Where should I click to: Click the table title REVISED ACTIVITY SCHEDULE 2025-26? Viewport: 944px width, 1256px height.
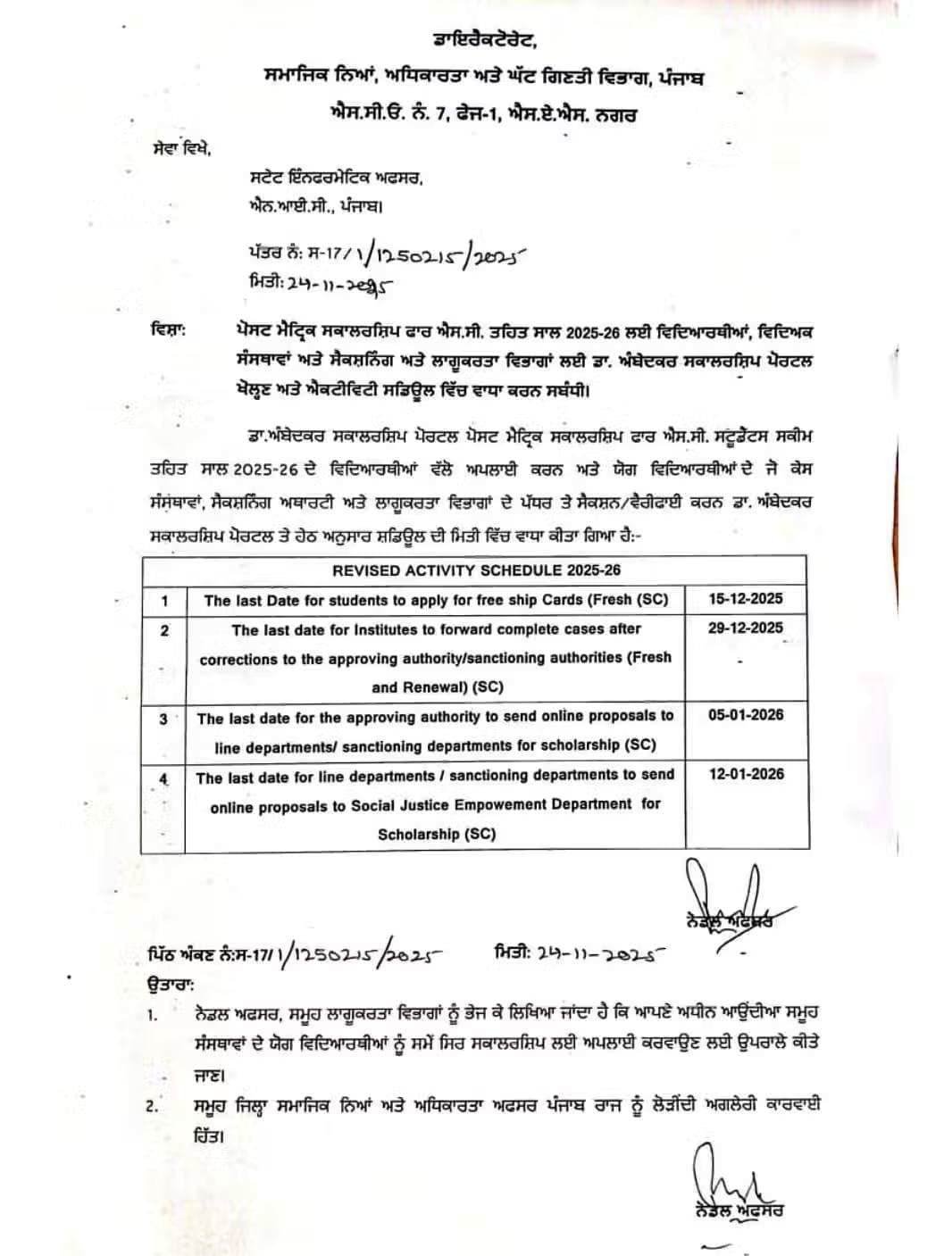coord(476,570)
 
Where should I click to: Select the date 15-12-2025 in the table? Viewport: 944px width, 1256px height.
coord(746,598)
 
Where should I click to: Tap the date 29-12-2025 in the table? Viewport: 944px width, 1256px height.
coord(746,628)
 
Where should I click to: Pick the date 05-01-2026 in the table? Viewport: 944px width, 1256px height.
coord(746,715)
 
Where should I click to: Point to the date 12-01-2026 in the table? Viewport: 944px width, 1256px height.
coord(746,774)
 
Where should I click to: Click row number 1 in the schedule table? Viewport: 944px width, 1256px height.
coord(163,601)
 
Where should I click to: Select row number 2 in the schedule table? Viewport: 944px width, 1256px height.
coord(163,630)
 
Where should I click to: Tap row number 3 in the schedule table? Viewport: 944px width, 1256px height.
coord(163,718)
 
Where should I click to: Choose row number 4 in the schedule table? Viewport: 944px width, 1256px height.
coord(163,778)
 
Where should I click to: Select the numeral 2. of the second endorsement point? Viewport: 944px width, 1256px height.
coord(152,1107)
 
